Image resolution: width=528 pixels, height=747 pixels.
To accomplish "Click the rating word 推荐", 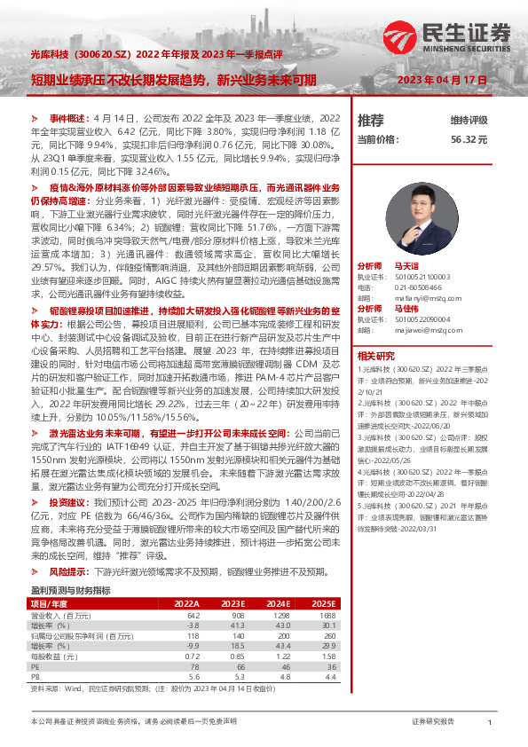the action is (x=371, y=120).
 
